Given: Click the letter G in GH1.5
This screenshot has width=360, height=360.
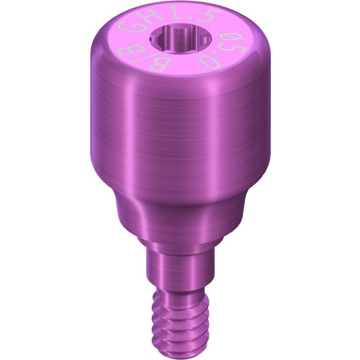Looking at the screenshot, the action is click(x=129, y=27).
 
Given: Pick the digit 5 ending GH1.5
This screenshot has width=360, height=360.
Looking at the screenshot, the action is click(x=203, y=17).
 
